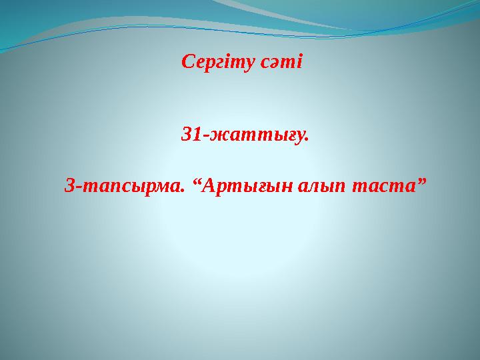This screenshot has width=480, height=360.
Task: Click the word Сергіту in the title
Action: (217, 63)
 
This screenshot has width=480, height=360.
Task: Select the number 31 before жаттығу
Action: (191, 134)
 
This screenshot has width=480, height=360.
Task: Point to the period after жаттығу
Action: (307, 140)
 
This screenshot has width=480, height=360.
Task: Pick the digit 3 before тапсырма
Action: (70, 185)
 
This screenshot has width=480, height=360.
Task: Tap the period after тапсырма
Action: (182, 191)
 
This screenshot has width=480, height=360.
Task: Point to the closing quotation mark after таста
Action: (421, 181)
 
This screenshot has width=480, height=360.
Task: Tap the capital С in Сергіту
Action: (188, 61)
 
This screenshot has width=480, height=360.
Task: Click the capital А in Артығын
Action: (209, 185)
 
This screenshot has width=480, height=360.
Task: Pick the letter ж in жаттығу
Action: (217, 137)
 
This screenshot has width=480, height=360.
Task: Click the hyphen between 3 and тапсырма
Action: (79, 187)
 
